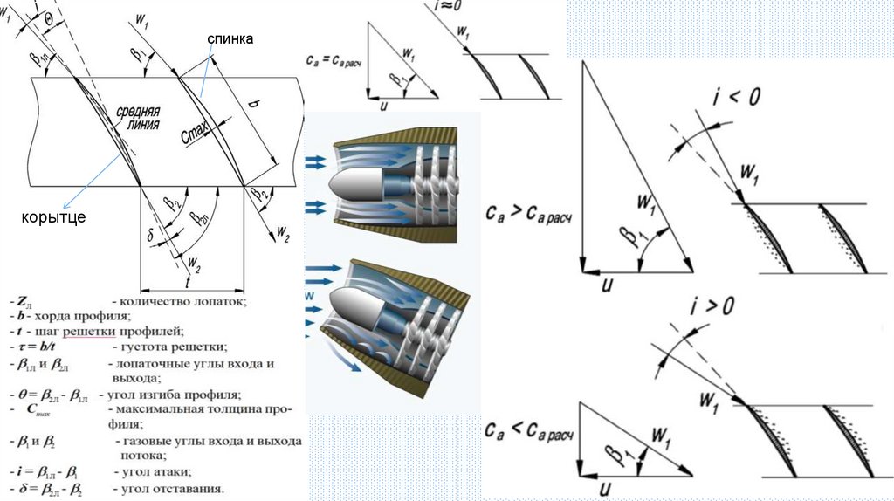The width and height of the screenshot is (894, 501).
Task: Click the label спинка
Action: (230, 39)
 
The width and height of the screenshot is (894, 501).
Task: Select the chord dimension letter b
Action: (255, 104)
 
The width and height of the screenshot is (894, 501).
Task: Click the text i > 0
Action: (712, 306)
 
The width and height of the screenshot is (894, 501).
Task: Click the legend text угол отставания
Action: (169, 488)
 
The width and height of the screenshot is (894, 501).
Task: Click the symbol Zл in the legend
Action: (24, 301)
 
